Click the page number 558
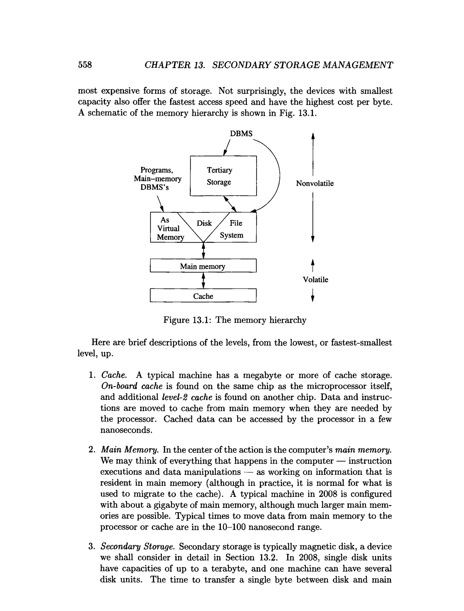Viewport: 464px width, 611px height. (85, 65)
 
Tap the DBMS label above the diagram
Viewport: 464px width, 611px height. (241, 134)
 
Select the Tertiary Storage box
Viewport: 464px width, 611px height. (223, 176)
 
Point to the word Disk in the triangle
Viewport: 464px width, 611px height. (204, 223)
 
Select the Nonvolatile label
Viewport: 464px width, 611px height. (315, 183)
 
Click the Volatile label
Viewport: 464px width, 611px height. (315, 279)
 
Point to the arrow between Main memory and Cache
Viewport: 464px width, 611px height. (203, 281)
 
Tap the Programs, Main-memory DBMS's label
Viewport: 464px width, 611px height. (157, 179)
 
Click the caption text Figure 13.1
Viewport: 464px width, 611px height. (187, 320)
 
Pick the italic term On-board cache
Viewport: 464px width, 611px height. (132, 386)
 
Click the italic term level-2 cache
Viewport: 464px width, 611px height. (187, 397)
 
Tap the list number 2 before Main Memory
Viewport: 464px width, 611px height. (92, 449)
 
